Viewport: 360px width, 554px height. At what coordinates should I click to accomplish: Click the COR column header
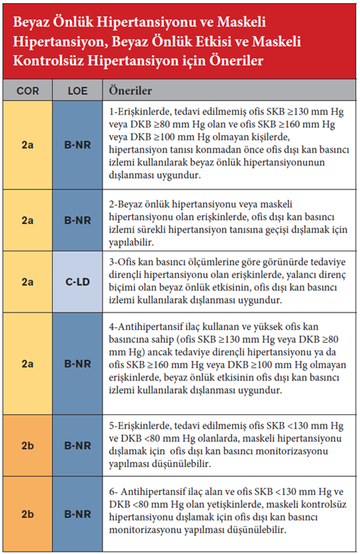(x=27, y=90)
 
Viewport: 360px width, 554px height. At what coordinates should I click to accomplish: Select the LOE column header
(x=78, y=90)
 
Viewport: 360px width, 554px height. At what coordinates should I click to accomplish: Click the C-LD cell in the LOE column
(x=78, y=281)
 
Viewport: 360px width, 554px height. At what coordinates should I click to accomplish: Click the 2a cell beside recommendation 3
(x=27, y=281)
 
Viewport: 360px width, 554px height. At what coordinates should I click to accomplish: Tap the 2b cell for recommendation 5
(x=27, y=445)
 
